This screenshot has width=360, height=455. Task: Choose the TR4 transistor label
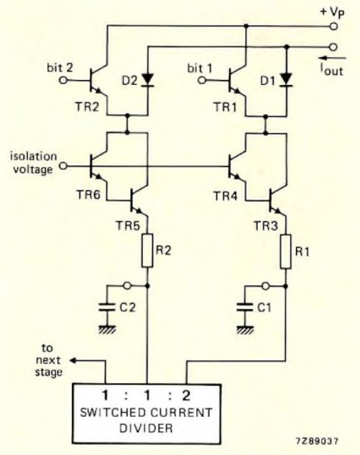point(230,198)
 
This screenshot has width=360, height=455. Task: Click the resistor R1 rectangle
point(286,252)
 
